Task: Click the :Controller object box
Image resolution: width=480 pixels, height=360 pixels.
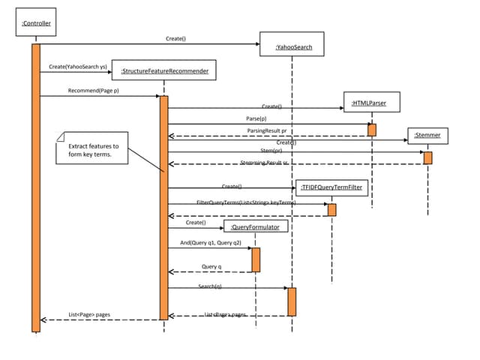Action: point(35,24)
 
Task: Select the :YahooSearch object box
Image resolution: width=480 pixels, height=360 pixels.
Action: point(291,44)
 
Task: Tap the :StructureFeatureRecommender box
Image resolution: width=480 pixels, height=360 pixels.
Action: point(163,70)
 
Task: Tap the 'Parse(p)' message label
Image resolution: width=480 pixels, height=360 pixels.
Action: point(256,118)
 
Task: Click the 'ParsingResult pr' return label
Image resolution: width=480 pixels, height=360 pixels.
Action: point(266,130)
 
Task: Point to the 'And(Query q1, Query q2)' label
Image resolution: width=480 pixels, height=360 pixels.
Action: point(211,243)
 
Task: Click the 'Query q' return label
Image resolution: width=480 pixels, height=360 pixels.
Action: point(211,266)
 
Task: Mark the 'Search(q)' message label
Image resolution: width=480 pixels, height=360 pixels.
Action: point(209,286)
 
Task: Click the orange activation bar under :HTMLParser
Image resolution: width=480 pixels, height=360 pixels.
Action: point(371,130)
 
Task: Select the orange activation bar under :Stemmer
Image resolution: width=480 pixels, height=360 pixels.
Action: point(427,157)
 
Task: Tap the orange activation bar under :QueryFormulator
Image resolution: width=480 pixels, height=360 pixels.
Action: point(256,259)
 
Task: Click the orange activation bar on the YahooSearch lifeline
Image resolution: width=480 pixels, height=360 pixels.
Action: point(292,301)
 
